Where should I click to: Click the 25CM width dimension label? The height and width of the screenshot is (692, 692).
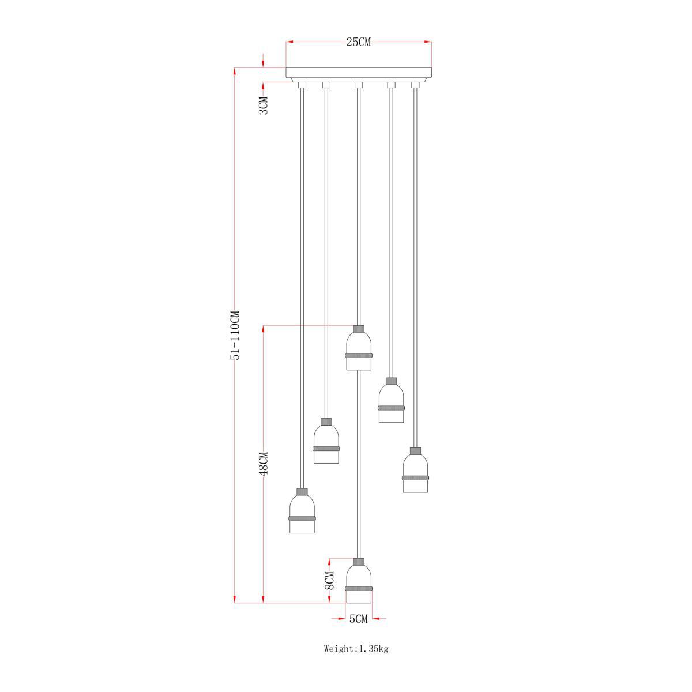[358, 42]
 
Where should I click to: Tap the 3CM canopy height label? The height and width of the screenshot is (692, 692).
[264, 105]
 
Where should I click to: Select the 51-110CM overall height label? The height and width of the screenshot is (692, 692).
[235, 334]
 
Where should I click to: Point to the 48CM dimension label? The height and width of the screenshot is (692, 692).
[264, 464]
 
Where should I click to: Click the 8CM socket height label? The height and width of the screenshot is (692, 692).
[329, 580]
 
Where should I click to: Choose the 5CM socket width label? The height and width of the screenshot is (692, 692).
[358, 619]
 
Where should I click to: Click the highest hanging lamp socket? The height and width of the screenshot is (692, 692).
[359, 348]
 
